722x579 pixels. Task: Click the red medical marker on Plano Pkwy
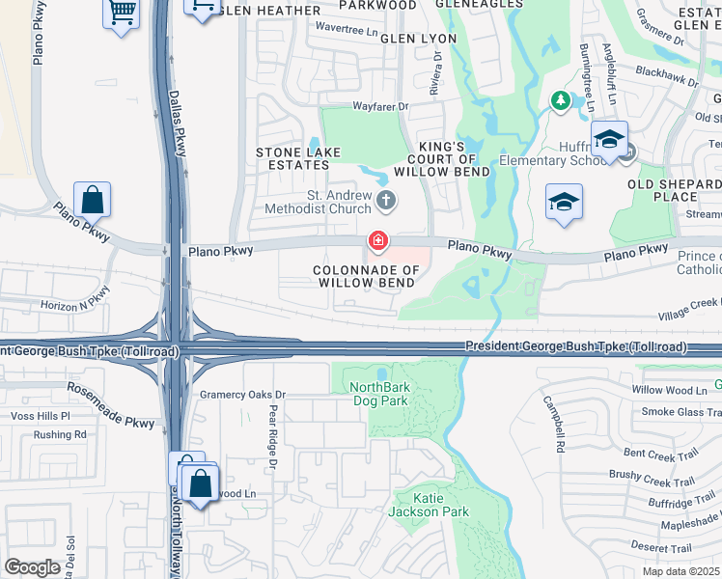pos(378,239)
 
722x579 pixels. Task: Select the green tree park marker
pos(560,100)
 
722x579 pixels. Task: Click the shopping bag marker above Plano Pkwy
pos(92,201)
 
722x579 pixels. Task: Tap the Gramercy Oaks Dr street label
pos(243,395)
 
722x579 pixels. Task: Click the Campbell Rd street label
pos(552,425)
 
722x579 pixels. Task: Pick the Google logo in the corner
pos(33,567)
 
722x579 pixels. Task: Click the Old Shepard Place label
pos(674,190)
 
